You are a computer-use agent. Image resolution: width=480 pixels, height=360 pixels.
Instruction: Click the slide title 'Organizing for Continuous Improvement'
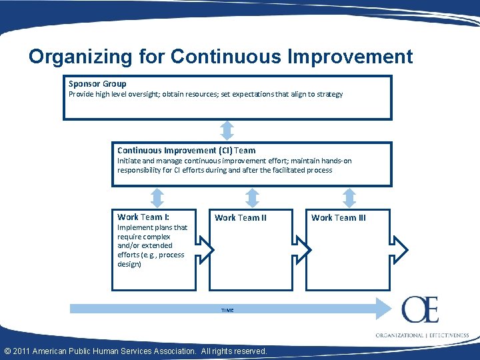pyautogui.click(x=221, y=57)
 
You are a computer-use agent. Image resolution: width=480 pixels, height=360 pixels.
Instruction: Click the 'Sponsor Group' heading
pyautogui.click(x=97, y=84)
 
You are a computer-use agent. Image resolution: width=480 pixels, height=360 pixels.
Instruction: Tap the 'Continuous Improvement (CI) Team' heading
pyautogui.click(x=186, y=151)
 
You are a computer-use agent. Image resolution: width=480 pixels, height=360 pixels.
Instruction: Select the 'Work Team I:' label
pyautogui.click(x=143, y=217)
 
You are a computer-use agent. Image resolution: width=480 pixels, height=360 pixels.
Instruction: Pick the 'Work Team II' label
pyautogui.click(x=240, y=217)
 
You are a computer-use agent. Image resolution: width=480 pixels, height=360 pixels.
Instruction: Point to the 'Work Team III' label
pyautogui.click(x=338, y=217)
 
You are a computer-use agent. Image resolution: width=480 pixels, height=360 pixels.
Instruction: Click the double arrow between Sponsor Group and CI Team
pyautogui.click(x=227, y=130)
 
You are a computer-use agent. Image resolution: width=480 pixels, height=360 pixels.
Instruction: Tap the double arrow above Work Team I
pyautogui.click(x=157, y=197)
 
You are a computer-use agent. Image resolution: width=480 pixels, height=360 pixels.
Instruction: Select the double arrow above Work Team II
pyautogui.click(x=252, y=197)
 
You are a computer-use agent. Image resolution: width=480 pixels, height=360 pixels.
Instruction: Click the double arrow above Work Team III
pyautogui.click(x=349, y=197)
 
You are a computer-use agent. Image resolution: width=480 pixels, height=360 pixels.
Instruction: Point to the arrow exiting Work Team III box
pyautogui.click(x=399, y=249)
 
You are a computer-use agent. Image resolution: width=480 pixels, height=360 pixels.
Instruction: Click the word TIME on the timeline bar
pyautogui.click(x=227, y=310)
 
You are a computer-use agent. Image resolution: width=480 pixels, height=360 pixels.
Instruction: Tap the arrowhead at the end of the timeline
pyautogui.click(x=383, y=309)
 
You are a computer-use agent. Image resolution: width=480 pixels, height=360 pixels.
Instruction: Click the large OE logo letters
pyautogui.click(x=420, y=311)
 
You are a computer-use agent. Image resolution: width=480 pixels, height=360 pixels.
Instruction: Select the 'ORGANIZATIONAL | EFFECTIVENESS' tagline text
pyautogui.click(x=422, y=335)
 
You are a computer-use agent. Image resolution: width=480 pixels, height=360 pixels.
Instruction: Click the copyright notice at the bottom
pyautogui.click(x=136, y=351)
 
